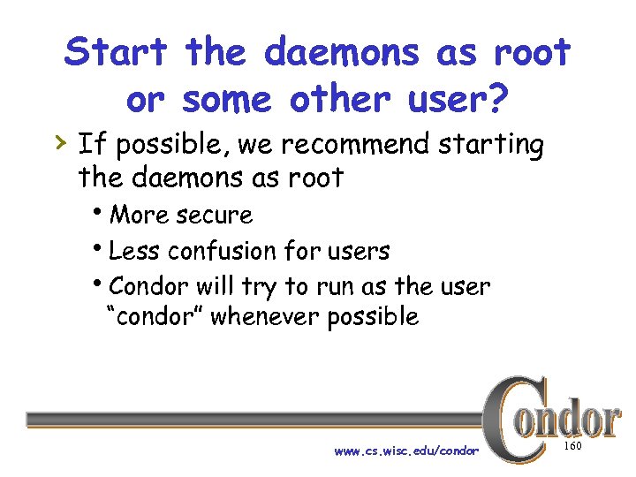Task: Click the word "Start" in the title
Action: [x=116, y=53]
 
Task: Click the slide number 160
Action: [x=572, y=447]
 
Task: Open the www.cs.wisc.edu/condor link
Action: [x=406, y=450]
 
